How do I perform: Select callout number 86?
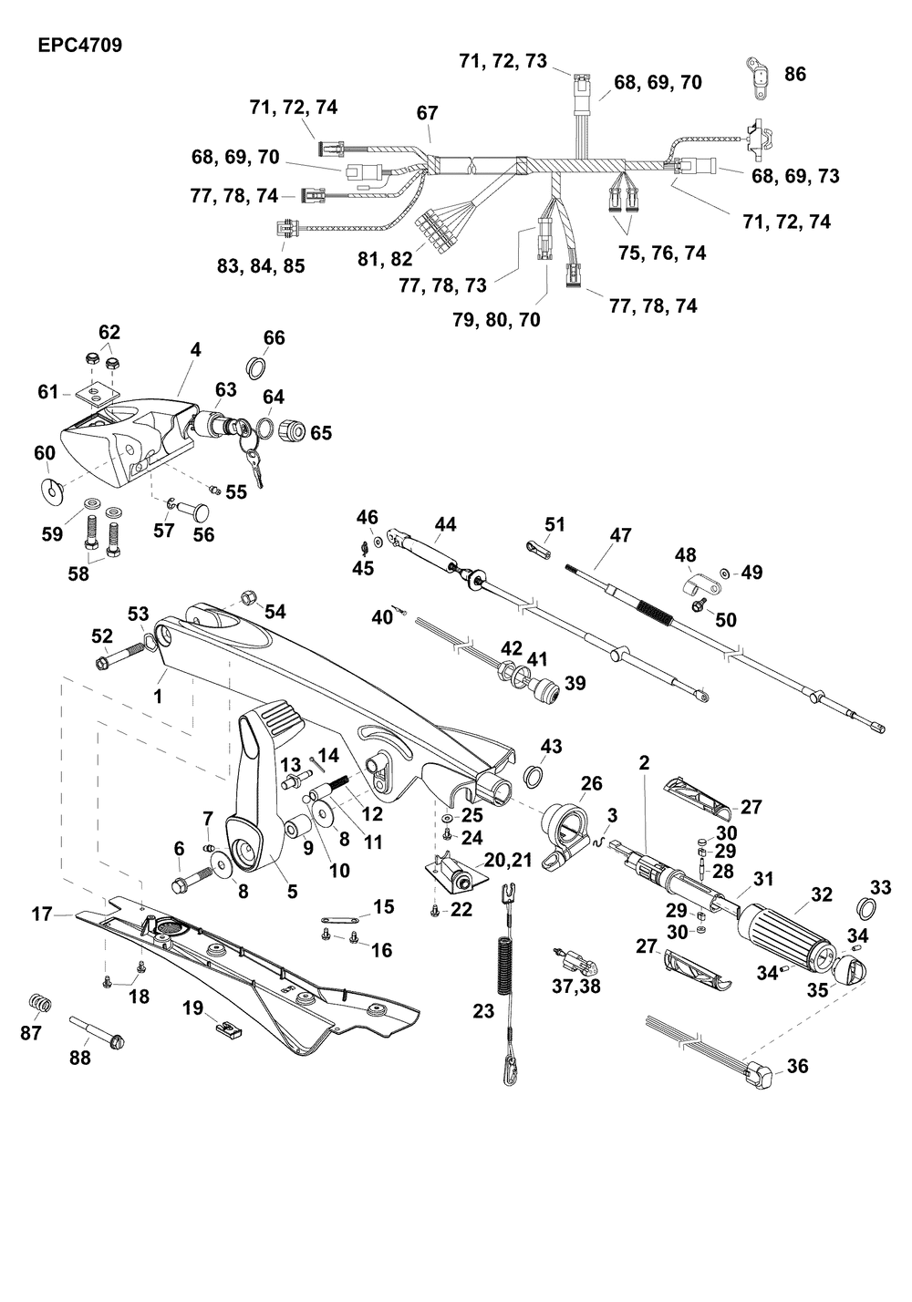[x=795, y=74]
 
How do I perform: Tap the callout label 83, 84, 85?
[x=261, y=266]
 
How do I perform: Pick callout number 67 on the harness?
[x=427, y=113]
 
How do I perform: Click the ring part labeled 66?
[x=258, y=367]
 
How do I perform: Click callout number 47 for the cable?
[x=620, y=535]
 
